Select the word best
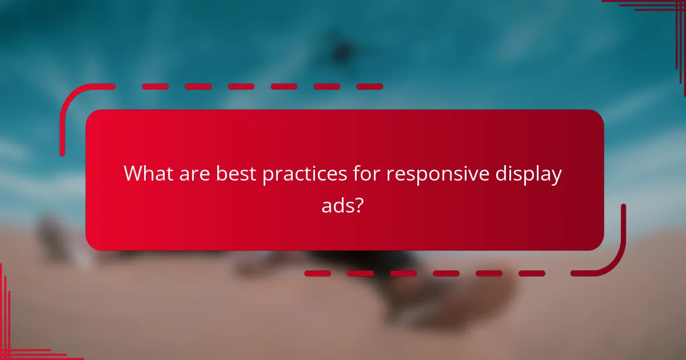point(236,174)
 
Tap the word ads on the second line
point(337,205)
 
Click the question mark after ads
point(360,205)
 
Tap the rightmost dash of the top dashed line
point(369,87)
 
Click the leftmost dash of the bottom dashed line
point(317,273)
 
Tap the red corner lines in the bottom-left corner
point(17,343)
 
